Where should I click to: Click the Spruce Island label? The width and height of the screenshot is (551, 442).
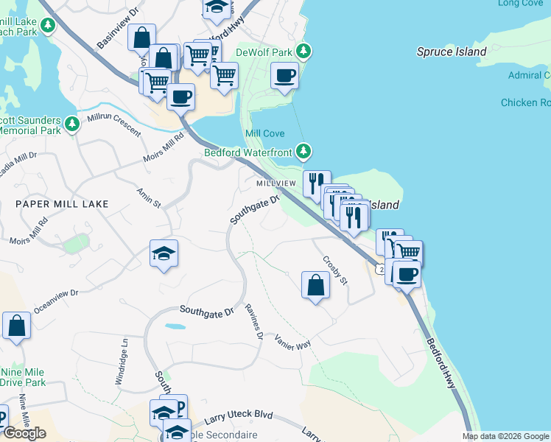coord(452,52)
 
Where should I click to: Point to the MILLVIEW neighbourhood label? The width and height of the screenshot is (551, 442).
coord(276,183)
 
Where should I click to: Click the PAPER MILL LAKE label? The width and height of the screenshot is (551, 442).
coord(63,204)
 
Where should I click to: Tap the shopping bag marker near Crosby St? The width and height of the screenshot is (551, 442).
coord(315,284)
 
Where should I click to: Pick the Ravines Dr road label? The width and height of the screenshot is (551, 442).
coord(255,322)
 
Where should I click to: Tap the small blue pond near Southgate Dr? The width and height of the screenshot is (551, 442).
coord(175,326)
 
